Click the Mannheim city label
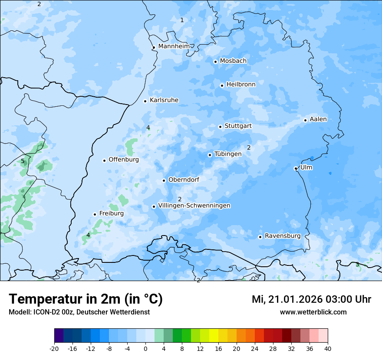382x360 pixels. pyautogui.click(x=174, y=46)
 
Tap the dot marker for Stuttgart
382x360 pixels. pyautogui.click(x=220, y=127)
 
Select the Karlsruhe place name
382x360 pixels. pyautogui.click(x=164, y=100)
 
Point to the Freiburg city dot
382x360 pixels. pyautogui.click(x=95, y=214)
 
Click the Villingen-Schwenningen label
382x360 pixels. pyautogui.click(x=194, y=206)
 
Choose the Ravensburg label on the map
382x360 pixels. pyautogui.click(x=283, y=236)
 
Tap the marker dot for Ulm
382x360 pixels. pyautogui.click(x=296, y=168)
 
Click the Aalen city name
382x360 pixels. pyautogui.click(x=318, y=119)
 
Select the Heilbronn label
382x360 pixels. pyautogui.click(x=241, y=84)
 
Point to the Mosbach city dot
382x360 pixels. pyautogui.click(x=215, y=62)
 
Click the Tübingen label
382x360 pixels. pyautogui.click(x=228, y=154)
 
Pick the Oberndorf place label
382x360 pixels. pyautogui.click(x=184, y=180)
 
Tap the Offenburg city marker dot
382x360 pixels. pyautogui.click(x=104, y=160)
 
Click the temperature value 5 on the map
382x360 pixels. pyautogui.click(x=23, y=161)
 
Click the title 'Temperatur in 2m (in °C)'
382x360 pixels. pyautogui.click(x=86, y=299)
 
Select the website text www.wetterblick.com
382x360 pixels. pyautogui.click(x=313, y=312)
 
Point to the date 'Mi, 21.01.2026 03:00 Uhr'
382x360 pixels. pyautogui.click(x=311, y=299)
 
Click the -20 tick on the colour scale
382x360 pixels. pyautogui.click(x=54, y=349)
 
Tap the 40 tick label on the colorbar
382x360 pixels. pyautogui.click(x=327, y=349)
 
